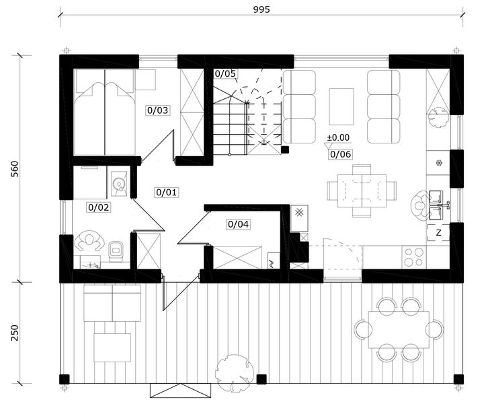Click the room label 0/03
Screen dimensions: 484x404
157,110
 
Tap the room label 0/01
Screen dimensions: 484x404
167,193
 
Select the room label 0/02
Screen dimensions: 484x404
98,207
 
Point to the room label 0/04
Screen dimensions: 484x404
238,224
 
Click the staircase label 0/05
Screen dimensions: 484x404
225,73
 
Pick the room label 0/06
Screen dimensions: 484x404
340,154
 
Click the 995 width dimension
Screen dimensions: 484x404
261,9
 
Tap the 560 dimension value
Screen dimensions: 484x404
15,169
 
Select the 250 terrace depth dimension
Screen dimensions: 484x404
15,333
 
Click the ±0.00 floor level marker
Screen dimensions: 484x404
338,137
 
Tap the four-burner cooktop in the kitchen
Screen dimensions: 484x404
414,257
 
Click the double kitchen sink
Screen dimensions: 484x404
436,205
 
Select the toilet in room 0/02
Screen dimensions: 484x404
116,251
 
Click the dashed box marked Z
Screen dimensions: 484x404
438,233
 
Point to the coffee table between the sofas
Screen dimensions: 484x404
341,106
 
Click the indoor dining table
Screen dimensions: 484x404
362,191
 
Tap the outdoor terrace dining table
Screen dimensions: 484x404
399,329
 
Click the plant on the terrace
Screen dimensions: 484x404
235,374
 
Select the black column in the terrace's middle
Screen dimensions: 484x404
261,379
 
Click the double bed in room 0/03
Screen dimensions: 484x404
105,112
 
